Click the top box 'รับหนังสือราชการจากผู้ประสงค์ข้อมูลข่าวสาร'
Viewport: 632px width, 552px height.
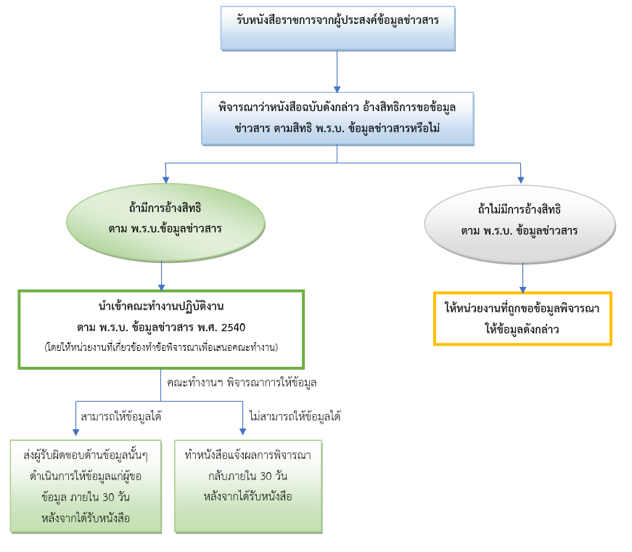click(x=338, y=28)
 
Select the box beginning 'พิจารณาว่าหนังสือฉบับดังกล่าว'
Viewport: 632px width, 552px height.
click(x=338, y=117)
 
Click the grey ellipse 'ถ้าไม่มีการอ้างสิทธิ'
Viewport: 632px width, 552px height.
click(x=521, y=222)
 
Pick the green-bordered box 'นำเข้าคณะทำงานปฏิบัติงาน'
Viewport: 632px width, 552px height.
click(x=160, y=329)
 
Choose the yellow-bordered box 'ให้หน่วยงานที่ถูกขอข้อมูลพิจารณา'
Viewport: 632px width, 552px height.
click(x=522, y=318)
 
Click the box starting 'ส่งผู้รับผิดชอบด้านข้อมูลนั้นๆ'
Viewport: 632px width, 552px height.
click(x=85, y=486)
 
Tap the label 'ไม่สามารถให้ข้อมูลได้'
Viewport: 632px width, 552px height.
click(x=295, y=416)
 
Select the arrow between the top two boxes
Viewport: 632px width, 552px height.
click(x=338, y=71)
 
